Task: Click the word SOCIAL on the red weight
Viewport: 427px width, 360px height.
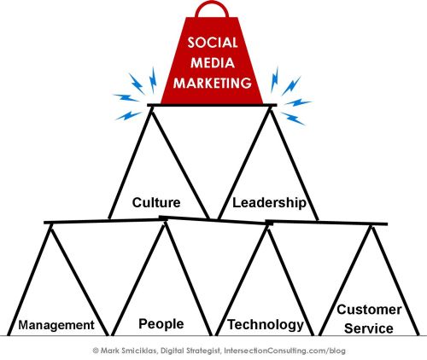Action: click(x=213, y=43)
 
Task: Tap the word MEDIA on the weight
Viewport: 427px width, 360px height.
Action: click(x=213, y=63)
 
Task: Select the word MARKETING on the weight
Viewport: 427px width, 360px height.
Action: click(x=213, y=83)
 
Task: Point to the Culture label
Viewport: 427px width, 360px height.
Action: click(x=156, y=203)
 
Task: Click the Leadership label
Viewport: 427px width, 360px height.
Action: click(x=269, y=203)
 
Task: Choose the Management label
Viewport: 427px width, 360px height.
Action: click(x=56, y=325)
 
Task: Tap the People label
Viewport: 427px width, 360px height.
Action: click(x=161, y=324)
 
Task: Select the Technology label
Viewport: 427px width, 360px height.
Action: click(x=266, y=325)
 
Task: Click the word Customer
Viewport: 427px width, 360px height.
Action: click(x=369, y=310)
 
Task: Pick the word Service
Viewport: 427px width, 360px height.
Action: click(x=369, y=328)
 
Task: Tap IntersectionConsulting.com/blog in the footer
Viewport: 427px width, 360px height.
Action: click(x=284, y=351)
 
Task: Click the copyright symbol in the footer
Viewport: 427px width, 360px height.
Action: click(x=96, y=351)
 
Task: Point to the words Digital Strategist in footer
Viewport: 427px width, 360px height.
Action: click(x=190, y=351)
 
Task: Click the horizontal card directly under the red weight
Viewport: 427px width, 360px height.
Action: click(x=212, y=105)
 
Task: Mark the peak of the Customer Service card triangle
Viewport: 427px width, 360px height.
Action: click(x=371, y=228)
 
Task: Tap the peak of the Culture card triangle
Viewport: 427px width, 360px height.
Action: click(x=151, y=110)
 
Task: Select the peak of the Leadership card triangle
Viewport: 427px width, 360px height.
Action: click(x=270, y=110)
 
